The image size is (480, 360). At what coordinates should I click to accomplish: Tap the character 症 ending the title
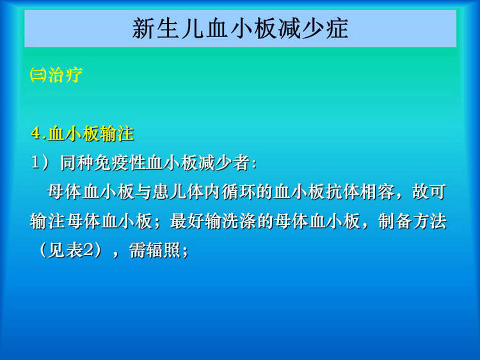coord(337,28)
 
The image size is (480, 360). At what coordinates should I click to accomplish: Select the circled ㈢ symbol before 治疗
coord(38,74)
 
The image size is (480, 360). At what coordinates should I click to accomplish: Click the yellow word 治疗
coord(65,74)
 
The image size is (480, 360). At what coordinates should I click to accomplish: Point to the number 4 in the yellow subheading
coord(36,134)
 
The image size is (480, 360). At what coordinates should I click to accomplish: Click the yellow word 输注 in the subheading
coord(117,134)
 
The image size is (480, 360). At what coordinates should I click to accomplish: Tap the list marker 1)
coord(40,162)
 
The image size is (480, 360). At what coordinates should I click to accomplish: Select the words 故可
coord(429,192)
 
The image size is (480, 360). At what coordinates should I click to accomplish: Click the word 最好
coord(188,221)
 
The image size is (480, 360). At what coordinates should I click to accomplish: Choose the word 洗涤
coord(239,221)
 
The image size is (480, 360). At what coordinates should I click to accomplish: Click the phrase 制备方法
coord(412,221)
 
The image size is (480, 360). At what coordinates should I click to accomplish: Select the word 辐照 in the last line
coord(163,250)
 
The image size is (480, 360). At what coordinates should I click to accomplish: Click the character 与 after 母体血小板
coord(143,192)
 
